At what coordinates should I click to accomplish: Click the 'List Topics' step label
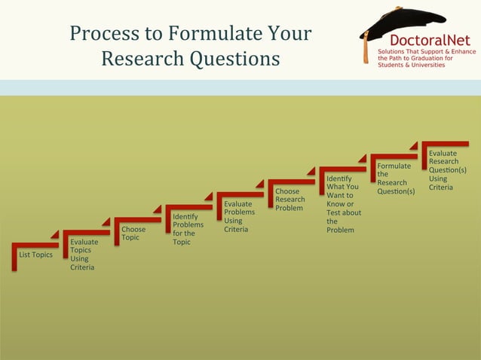tap(35, 255)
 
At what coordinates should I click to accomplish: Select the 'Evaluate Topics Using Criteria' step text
tap(83, 255)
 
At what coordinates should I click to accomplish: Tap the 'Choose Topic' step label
tap(133, 233)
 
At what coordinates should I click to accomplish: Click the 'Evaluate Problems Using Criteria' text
tap(239, 216)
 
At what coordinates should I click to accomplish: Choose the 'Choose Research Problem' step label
tap(290, 200)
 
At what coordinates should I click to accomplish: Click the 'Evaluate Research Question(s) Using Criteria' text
tap(447, 170)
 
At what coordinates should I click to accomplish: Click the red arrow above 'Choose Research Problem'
tap(290, 182)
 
